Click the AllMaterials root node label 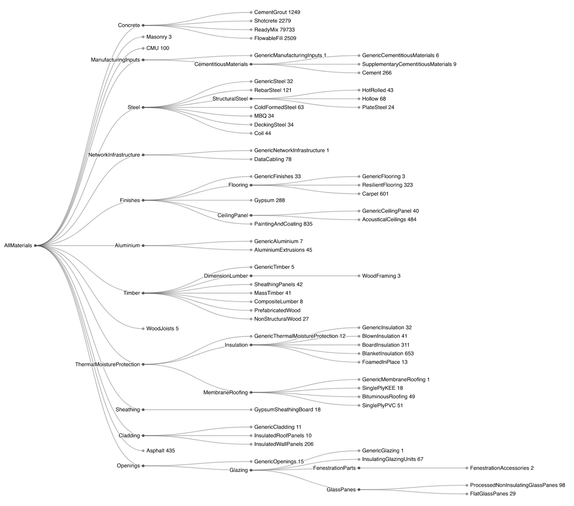click(x=18, y=245)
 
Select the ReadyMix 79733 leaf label click(x=274, y=30)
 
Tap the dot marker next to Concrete click(x=143, y=25)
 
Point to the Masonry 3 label click(x=159, y=37)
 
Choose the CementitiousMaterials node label click(x=221, y=64)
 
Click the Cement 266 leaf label click(x=377, y=73)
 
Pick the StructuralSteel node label click(x=230, y=99)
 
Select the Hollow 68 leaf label click(x=374, y=99)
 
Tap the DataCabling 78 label click(x=273, y=159)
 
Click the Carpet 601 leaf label click(x=375, y=194)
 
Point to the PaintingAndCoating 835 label click(x=283, y=224)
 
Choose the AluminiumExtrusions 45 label click(x=283, y=250)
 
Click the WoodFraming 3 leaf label click(x=381, y=276)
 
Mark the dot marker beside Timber click(x=143, y=293)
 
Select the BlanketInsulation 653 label click(x=388, y=354)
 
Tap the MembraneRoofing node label click(x=225, y=392)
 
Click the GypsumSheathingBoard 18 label click(x=287, y=410)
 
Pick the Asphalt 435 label click(x=160, y=451)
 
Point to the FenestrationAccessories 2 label click(x=502, y=468)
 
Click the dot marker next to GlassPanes click(x=359, y=490)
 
